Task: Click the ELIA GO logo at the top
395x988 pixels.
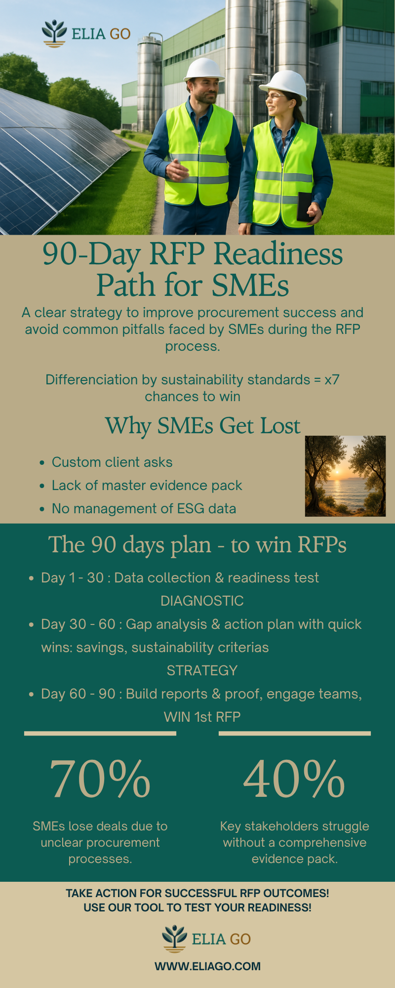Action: point(86,34)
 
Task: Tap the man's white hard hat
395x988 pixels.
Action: point(204,69)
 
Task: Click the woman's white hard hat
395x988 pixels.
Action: point(284,84)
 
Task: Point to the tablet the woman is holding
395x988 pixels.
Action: point(304,206)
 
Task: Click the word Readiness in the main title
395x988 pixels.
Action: point(278,254)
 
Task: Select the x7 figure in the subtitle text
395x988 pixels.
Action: point(332,379)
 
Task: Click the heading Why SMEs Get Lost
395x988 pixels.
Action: point(202,425)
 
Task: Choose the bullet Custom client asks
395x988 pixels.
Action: point(112,462)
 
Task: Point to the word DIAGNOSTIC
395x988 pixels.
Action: point(202,601)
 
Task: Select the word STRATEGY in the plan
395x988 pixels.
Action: point(202,670)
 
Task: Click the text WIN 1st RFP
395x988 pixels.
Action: point(202,717)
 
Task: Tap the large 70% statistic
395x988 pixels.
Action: point(100,779)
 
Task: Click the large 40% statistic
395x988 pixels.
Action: point(294,779)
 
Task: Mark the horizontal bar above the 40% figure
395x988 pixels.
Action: point(295,734)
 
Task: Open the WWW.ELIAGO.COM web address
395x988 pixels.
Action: point(207,966)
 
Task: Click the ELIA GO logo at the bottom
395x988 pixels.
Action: point(206,939)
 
